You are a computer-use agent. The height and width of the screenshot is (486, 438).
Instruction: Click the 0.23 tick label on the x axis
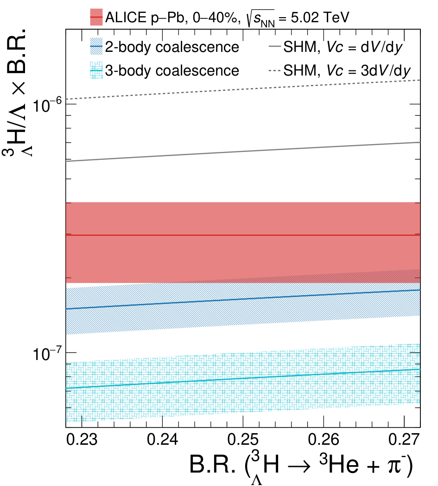click(82, 440)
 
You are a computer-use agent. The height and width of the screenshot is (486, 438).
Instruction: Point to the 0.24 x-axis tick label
click(162, 440)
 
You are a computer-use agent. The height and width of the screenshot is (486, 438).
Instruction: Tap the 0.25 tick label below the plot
click(243, 440)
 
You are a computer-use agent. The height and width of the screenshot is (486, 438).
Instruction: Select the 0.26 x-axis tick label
click(324, 440)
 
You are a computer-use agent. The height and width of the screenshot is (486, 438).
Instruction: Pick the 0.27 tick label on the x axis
click(404, 440)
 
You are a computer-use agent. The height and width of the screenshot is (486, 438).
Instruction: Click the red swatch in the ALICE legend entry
click(96, 17)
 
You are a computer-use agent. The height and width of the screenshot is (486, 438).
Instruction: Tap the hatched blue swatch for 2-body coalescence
click(96, 46)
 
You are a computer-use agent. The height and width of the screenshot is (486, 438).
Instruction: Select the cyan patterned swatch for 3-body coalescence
click(96, 70)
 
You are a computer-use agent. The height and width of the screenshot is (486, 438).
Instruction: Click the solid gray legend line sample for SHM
click(275, 46)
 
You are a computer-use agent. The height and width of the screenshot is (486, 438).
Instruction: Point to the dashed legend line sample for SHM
click(275, 71)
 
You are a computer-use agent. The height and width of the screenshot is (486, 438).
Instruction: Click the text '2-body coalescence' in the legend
click(172, 47)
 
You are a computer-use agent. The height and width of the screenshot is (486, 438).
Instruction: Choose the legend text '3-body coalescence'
click(172, 71)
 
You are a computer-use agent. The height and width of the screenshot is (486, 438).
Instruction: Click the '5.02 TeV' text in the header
click(320, 17)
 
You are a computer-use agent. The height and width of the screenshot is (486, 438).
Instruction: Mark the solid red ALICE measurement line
click(243, 235)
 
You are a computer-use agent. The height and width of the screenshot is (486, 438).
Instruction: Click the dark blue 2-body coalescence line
click(243, 299)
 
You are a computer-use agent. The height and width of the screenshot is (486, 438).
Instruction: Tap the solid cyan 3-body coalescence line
click(243, 379)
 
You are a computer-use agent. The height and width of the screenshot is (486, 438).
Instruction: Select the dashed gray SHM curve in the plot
click(243, 90)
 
